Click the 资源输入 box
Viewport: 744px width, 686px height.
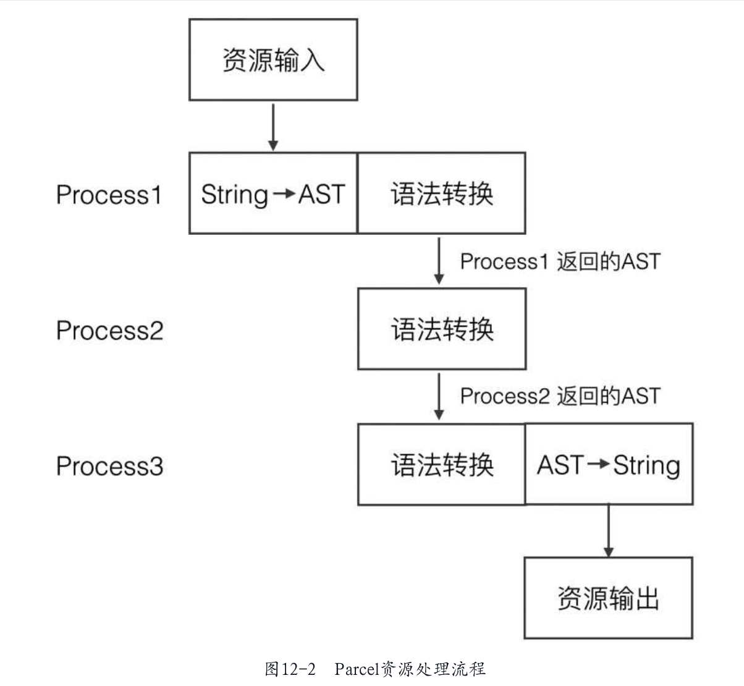(273, 60)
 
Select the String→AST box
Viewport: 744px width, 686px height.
(273, 193)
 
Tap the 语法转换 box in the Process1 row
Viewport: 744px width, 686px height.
(441, 193)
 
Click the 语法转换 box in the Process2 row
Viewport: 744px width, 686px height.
(441, 329)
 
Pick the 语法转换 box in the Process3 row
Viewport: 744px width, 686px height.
(441, 464)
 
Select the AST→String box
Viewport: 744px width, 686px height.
(609, 464)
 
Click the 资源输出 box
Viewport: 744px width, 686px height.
(608, 598)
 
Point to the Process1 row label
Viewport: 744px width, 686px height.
(109, 195)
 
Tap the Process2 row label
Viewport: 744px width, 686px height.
(109, 330)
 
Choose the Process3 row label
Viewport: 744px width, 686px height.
(109, 465)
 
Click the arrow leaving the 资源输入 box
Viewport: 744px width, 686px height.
(273, 127)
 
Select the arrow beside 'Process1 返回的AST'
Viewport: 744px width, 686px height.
(439, 261)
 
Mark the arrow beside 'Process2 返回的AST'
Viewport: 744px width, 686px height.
(439, 396)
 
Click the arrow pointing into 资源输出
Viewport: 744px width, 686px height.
(609, 531)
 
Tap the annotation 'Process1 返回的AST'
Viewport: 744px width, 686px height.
(560, 261)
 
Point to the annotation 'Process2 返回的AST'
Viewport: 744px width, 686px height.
(560, 396)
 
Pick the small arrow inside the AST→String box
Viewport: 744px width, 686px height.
(598, 465)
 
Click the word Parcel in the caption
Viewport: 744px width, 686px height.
(357, 669)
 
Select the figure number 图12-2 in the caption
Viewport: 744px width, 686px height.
(290, 669)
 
